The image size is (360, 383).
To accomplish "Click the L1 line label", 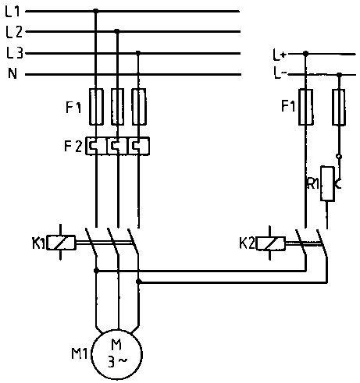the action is (x=12, y=12).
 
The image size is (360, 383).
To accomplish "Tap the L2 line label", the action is (x=14, y=32).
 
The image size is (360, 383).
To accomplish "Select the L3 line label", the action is (x=15, y=53).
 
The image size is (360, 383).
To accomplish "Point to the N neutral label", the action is (x=12, y=73).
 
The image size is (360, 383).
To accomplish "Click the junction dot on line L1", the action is (x=96, y=11).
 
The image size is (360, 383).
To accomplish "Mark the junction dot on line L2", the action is (x=117, y=31).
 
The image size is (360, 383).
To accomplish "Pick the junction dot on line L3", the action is (x=138, y=53).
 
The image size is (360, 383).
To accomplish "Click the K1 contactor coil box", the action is (x=61, y=243).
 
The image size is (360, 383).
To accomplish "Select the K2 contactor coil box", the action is (x=271, y=243).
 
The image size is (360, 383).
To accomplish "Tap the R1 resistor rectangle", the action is (x=327, y=183).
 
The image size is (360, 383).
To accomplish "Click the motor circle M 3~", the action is (x=116, y=355).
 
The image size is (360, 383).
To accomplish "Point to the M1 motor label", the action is (x=80, y=353).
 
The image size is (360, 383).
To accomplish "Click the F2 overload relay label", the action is (x=73, y=146).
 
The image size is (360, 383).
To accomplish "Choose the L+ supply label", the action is (x=280, y=55).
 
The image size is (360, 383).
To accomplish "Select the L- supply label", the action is (x=280, y=73).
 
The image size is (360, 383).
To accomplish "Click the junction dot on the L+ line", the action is (x=306, y=54).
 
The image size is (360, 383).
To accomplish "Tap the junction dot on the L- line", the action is (x=339, y=75).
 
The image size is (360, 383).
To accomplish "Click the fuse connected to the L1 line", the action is (x=96, y=107).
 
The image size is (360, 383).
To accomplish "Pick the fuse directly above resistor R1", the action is (x=339, y=107).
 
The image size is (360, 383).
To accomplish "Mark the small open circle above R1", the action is (x=339, y=157).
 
